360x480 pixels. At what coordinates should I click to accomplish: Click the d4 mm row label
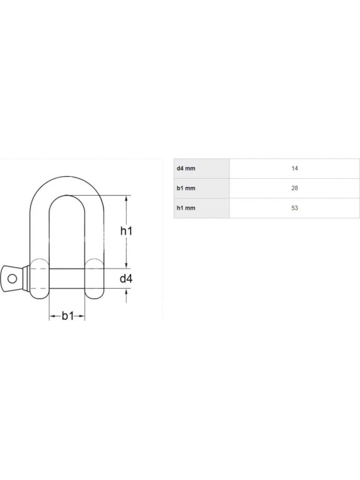coord(186,168)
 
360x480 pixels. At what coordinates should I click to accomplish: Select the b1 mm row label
coord(186,188)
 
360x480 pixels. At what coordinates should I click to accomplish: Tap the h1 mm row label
coord(186,208)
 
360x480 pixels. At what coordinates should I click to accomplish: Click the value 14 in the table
coord(295,168)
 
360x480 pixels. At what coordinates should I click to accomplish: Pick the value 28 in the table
coord(295,188)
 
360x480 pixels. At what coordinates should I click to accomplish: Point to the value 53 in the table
coord(295,208)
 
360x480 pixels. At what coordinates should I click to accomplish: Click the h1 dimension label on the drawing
coord(126,231)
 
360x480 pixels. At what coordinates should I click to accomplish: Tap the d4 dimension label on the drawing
coord(126,279)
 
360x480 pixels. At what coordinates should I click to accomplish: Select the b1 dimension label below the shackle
coord(68,316)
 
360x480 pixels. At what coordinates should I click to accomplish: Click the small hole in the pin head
coord(13,279)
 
